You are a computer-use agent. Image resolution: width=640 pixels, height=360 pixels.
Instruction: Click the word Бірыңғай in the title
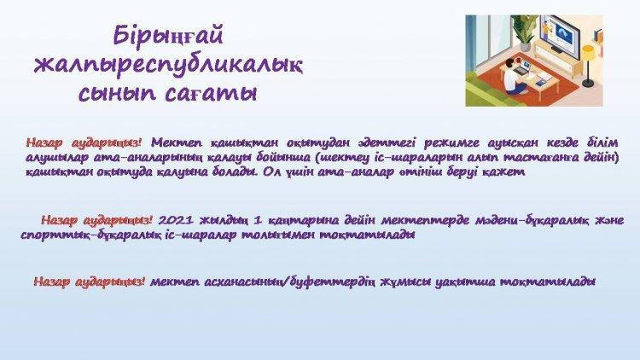(x=168, y=37)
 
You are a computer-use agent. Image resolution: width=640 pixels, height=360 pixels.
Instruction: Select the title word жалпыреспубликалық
(x=168, y=66)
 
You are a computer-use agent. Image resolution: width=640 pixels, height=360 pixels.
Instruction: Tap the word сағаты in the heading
(x=212, y=94)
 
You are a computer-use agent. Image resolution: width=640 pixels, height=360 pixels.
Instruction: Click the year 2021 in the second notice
(x=175, y=220)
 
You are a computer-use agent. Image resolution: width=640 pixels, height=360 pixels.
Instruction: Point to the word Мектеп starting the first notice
(x=177, y=143)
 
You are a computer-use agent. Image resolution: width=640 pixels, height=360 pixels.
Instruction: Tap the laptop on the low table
(x=523, y=67)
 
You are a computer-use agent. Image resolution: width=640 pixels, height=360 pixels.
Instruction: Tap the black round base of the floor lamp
(x=588, y=84)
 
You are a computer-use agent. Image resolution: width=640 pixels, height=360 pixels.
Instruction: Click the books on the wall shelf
(x=598, y=36)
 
